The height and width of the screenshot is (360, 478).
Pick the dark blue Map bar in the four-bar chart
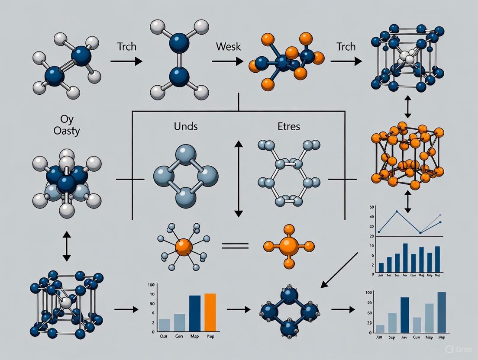[195, 313]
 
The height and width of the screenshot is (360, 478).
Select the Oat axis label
[164, 337]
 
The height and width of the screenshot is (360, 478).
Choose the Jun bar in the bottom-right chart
[380, 329]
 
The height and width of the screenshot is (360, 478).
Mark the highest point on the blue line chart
[397, 211]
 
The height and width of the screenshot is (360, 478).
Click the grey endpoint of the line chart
[440, 215]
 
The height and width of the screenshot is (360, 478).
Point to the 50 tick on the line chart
[371, 208]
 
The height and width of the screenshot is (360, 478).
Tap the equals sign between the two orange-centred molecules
[235, 246]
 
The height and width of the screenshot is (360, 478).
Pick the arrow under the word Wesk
[227, 61]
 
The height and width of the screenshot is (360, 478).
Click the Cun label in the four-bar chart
[178, 337]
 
